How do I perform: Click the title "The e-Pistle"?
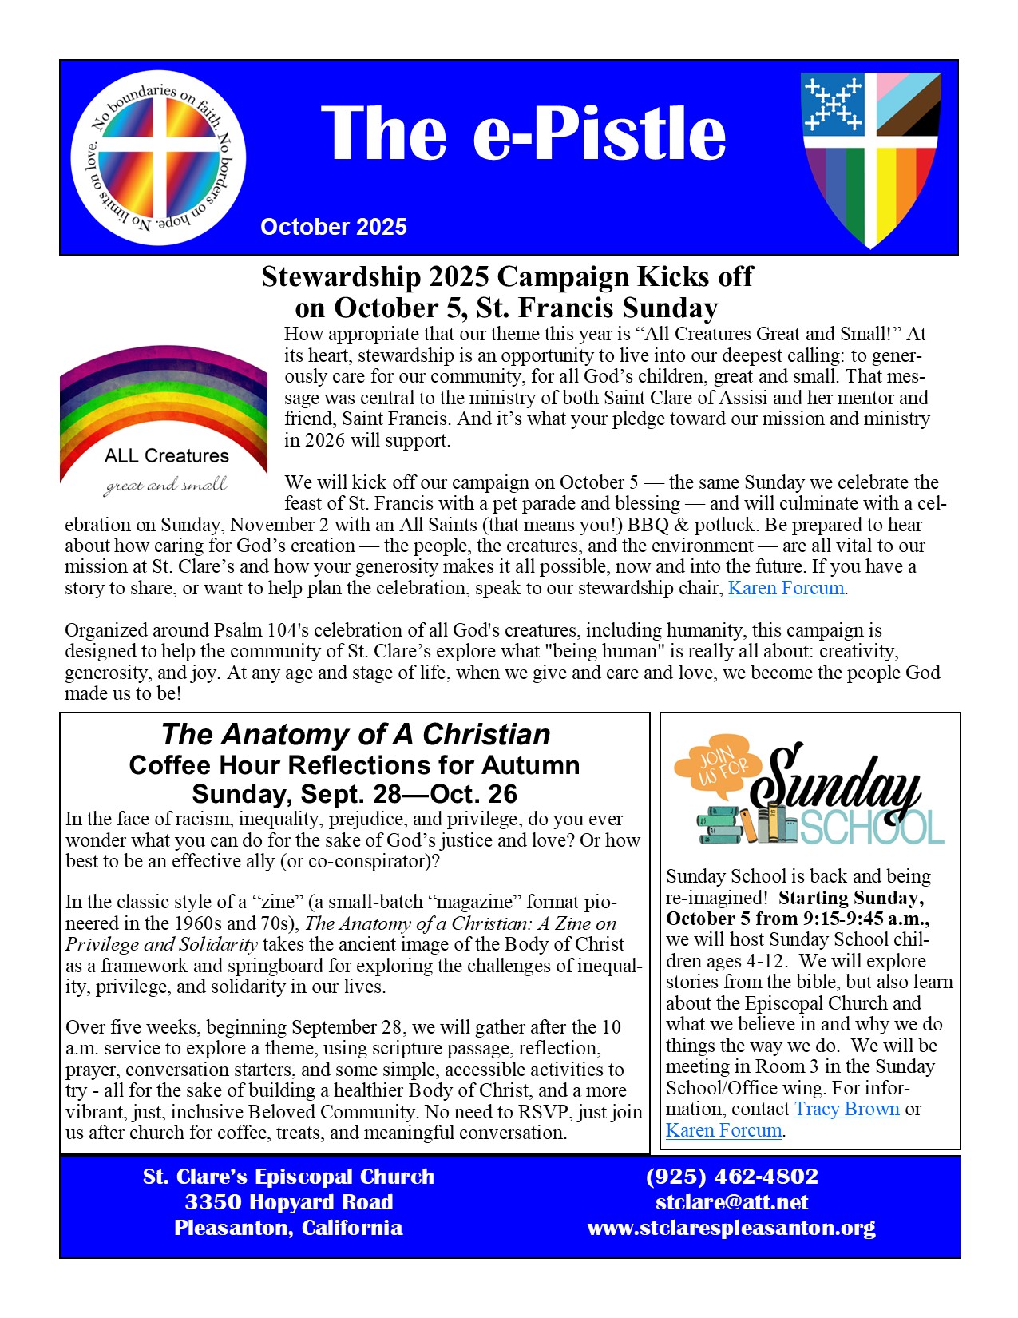point(523,133)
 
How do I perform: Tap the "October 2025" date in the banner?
point(334,227)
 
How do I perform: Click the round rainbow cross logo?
point(158,158)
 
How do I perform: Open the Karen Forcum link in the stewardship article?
point(786,589)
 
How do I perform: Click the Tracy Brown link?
point(846,1110)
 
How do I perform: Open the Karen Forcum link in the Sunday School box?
point(723,1131)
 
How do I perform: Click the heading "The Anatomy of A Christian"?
point(355,734)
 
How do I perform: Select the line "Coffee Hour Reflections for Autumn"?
point(355,765)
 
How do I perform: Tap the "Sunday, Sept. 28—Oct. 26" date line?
point(355,794)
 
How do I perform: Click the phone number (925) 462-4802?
point(732,1177)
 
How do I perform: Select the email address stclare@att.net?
point(731,1202)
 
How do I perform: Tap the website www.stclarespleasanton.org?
point(731,1228)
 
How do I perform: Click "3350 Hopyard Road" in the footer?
point(289,1202)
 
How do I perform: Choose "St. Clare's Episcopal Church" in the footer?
point(289,1177)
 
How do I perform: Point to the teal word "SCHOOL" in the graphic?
point(872,828)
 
